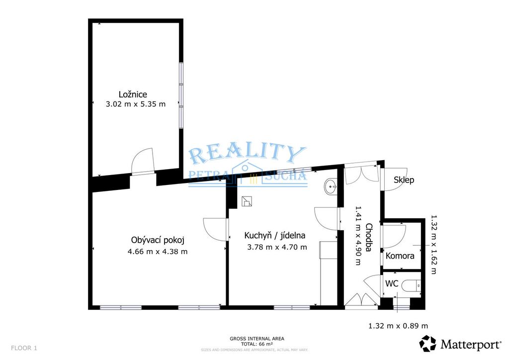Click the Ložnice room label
[133, 94]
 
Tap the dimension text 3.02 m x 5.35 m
[136, 104]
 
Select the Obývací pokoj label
[158, 240]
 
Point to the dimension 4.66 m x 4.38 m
[158, 252]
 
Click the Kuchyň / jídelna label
[274, 235]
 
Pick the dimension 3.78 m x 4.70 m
[277, 247]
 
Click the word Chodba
[368, 237]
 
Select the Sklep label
[404, 180]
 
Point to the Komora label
[400, 256]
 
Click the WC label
[392, 284]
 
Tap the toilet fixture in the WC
[411, 286]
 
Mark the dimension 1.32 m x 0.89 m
[398, 326]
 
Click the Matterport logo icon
[428, 344]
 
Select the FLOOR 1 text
[24, 348]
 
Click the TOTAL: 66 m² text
[257, 344]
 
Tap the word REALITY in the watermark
[248, 155]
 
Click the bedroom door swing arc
[142, 160]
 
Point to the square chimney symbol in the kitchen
[247, 201]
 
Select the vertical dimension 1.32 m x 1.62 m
[433, 245]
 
